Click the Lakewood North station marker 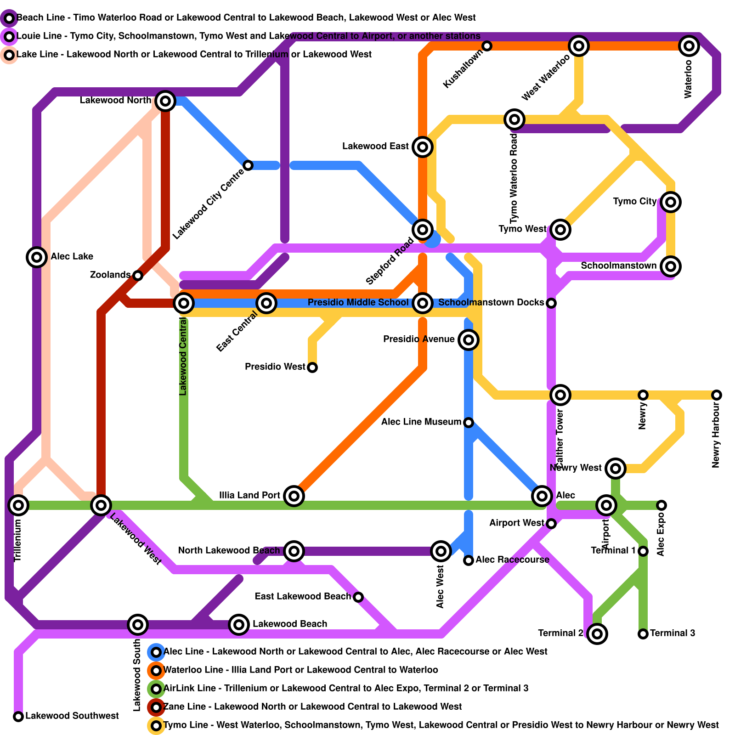point(165,101)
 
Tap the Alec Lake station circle point(37,257)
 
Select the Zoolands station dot point(138,275)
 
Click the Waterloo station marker point(689,45)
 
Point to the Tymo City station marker point(671,202)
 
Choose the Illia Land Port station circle point(294,496)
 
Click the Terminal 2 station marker point(597,634)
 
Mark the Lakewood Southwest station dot point(18,716)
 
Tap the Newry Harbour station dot point(717,395)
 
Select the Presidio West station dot point(312,367)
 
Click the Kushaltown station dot point(487,45)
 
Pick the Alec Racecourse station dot point(469,560)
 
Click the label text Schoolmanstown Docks point(491,302)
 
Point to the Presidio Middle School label point(358,302)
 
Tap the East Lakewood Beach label point(302,596)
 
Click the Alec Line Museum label point(421,422)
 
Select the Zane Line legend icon point(156,707)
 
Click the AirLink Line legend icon point(156,689)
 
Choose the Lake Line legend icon point(9,55)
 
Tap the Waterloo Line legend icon point(156,670)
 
